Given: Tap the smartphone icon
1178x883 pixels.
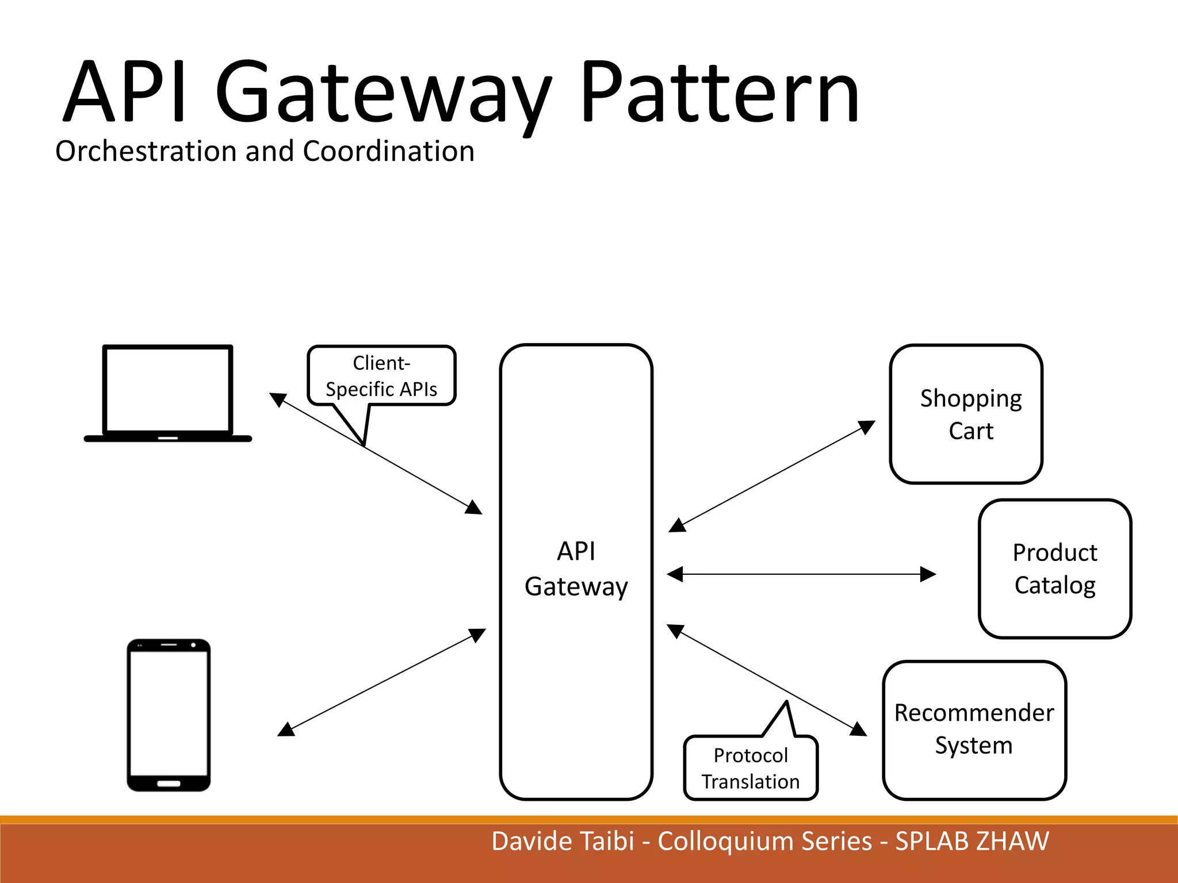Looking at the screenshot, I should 169,715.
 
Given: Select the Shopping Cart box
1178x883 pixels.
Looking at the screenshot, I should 966,414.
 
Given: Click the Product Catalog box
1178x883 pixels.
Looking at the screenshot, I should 1054,569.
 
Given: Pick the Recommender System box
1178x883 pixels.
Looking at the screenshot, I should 974,730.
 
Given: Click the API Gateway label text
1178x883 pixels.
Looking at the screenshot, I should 576,569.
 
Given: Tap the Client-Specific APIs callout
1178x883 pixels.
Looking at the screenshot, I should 381,376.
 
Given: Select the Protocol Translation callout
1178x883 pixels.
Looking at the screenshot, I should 750,767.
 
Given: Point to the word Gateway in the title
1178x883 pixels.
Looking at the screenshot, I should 383,95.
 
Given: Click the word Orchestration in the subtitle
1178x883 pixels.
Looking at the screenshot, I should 146,151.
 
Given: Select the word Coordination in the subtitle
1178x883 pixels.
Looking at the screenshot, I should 388,151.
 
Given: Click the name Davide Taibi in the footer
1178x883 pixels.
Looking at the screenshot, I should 562,841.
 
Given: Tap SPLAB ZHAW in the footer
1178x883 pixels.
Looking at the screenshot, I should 972,841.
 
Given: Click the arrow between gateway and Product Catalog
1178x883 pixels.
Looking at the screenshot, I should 801,574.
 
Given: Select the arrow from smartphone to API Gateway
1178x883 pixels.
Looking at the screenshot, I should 381,682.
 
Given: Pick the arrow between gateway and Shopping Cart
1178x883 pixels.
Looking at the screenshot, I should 772,476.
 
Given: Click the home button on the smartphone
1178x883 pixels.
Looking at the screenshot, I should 169,783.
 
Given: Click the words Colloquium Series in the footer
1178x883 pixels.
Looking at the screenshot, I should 764,841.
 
